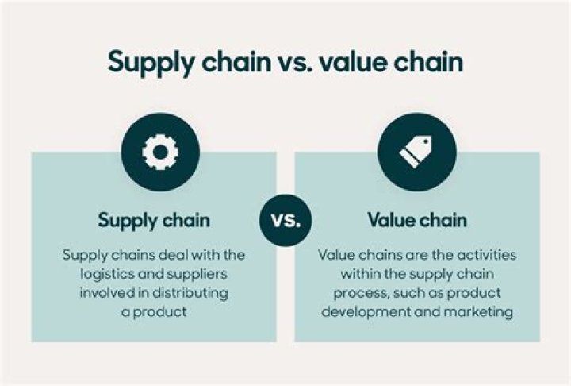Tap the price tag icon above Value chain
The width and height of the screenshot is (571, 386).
tap(416, 152)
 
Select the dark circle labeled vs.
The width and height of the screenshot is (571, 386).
tap(285, 220)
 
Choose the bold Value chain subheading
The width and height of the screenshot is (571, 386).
tap(416, 220)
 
